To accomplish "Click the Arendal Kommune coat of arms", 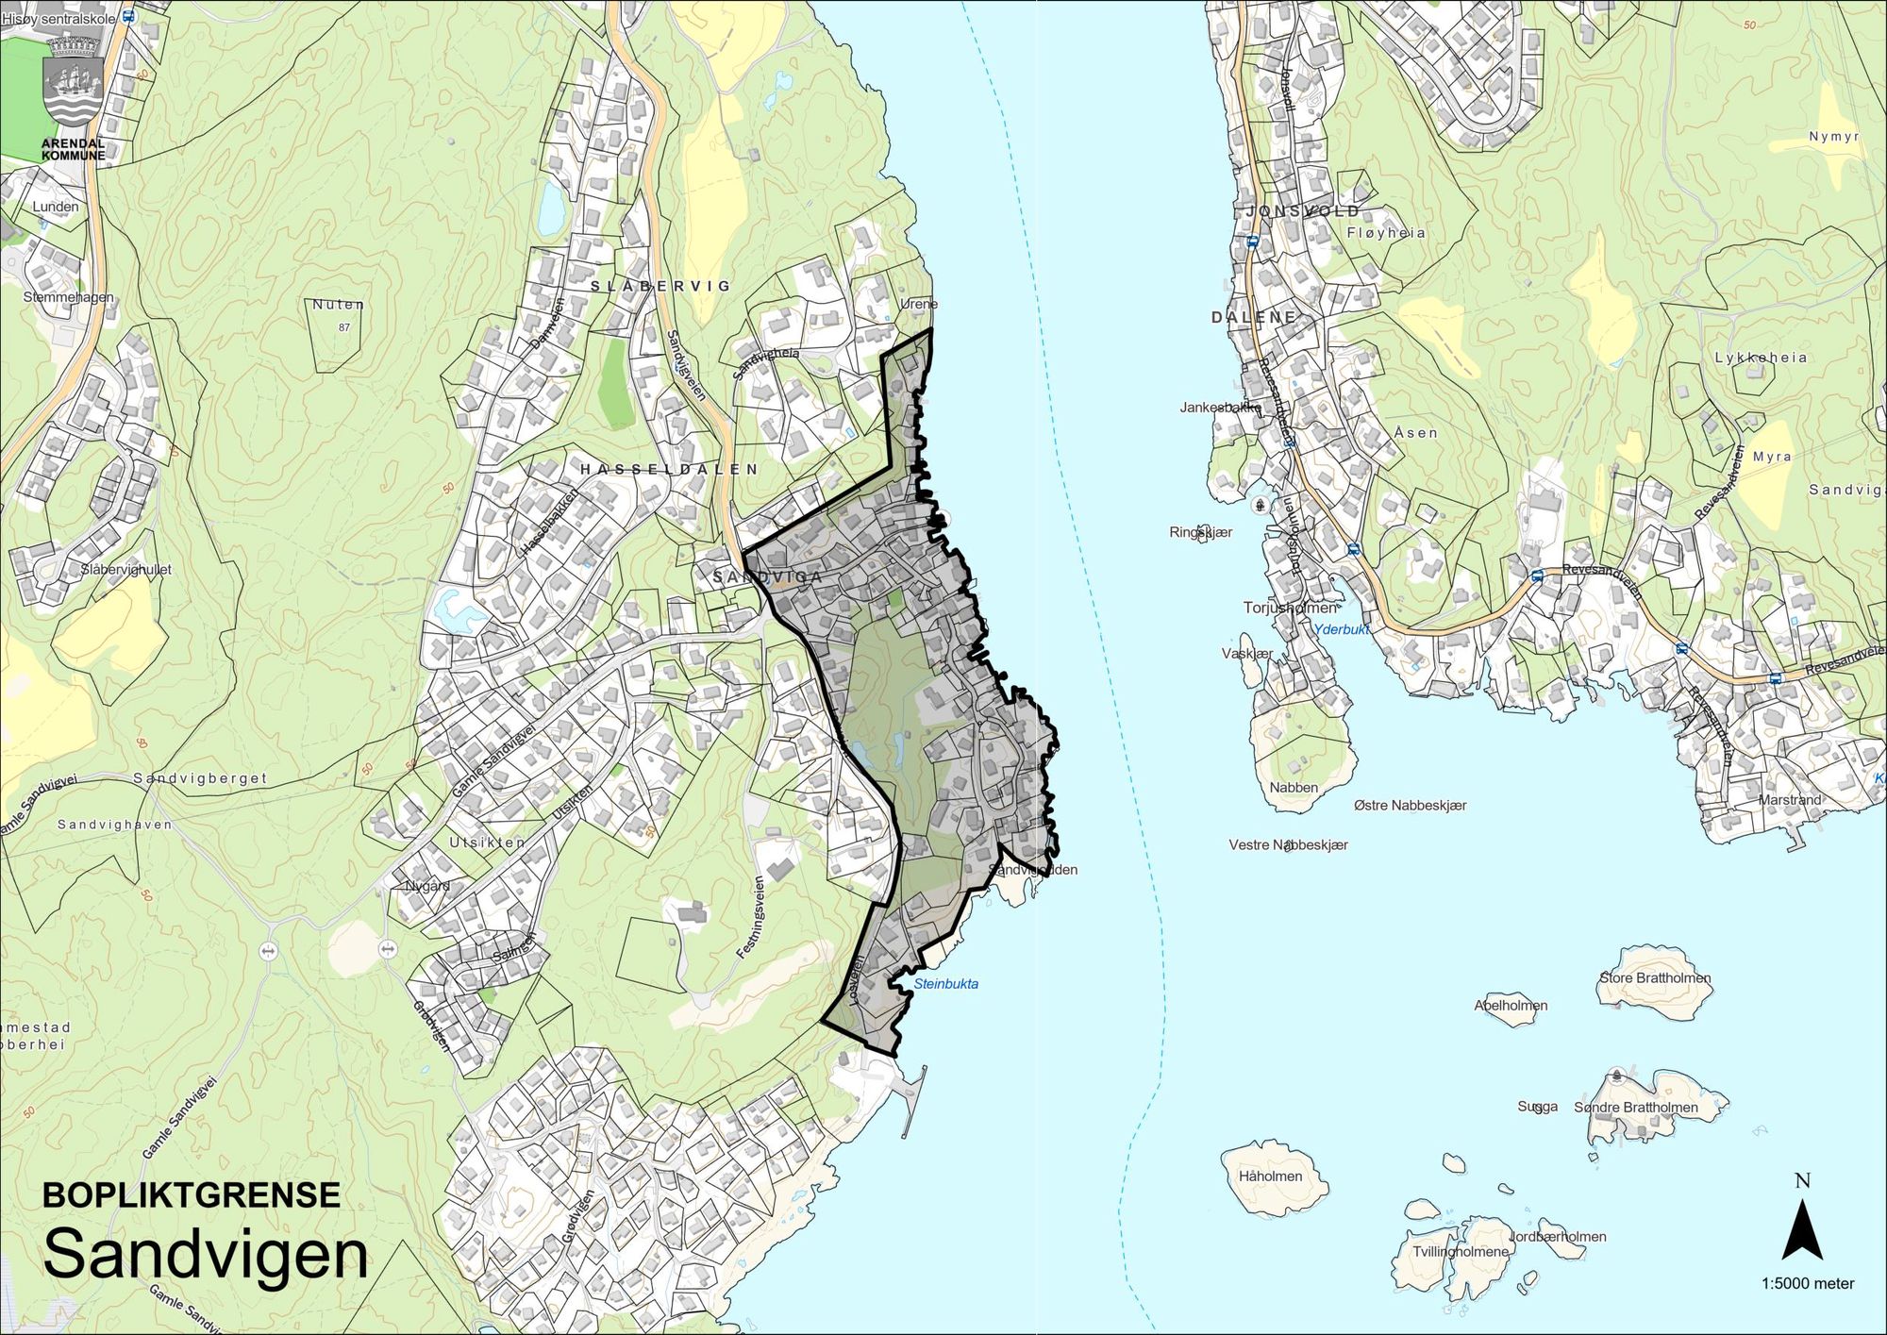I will coord(74,82).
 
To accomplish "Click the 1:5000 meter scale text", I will coord(1807,1283).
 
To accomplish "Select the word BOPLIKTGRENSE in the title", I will coord(192,1194).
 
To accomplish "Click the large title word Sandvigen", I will coord(206,1255).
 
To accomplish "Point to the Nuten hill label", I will coord(338,305).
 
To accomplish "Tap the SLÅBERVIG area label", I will coord(660,285).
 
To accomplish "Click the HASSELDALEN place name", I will coord(668,469).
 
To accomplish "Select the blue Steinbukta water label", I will coord(946,983).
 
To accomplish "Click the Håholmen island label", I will coord(1270,1176).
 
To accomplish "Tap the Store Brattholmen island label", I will coord(1655,977).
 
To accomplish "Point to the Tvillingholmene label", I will coord(1461,1251).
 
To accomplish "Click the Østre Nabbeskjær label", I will coord(1410,805).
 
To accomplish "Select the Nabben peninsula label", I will coord(1294,787).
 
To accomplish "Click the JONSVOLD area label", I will coord(1303,211).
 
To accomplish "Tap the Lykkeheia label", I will coord(1761,358).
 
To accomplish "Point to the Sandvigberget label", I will coord(200,778).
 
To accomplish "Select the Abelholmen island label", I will coord(1511,1005).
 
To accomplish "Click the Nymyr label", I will coord(1833,137).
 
